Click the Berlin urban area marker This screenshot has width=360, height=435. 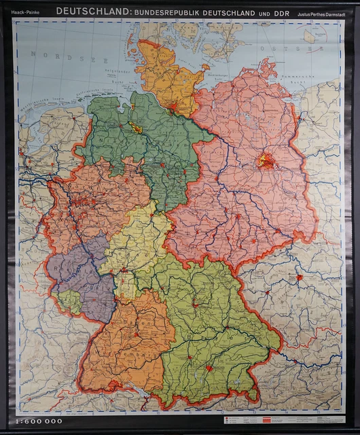click(x=266, y=161)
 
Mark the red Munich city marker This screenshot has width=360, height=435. click(x=210, y=368)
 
